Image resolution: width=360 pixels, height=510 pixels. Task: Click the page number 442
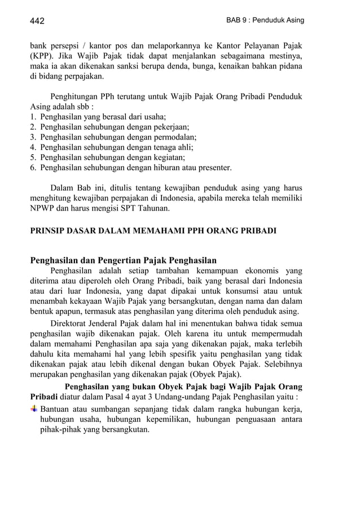[x=37, y=21]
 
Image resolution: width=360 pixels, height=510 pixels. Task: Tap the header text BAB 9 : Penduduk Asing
[x=265, y=20]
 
